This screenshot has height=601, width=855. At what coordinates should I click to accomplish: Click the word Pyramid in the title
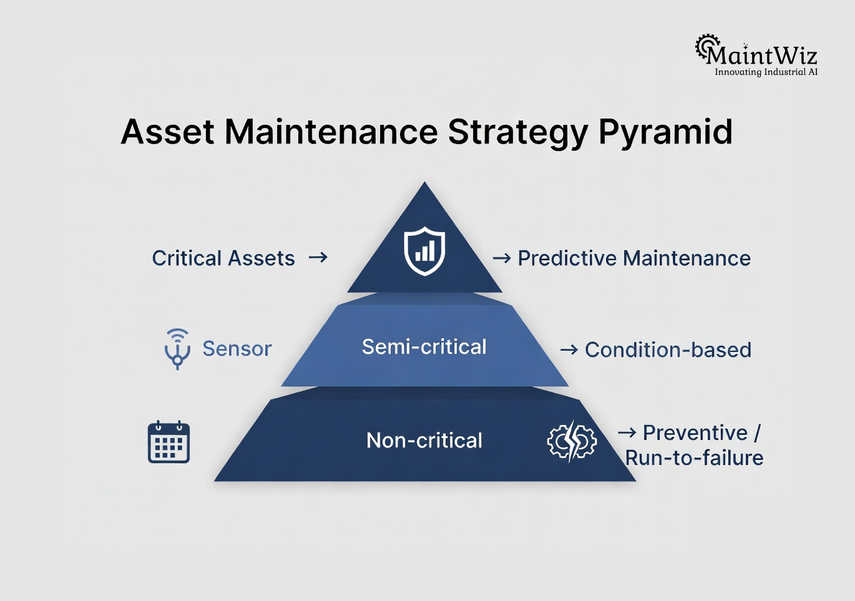[x=665, y=132]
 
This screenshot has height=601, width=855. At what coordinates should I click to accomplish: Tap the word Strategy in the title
[x=517, y=132]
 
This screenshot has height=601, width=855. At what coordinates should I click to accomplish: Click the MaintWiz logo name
[x=761, y=56]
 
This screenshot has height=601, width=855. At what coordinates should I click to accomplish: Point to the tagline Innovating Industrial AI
[x=766, y=72]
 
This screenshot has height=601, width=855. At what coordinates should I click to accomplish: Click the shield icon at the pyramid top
[x=424, y=251]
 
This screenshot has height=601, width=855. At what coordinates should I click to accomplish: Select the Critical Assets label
[x=223, y=258]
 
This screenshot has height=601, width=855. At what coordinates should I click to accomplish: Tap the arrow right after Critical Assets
[x=318, y=257]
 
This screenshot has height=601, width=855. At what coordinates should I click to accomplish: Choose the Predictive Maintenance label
[x=634, y=258]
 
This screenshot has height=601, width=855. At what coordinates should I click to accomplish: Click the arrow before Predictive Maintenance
[x=502, y=258]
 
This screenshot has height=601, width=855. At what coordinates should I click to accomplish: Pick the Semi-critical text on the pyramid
[x=424, y=347]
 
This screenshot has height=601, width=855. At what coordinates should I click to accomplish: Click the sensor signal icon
[x=177, y=348]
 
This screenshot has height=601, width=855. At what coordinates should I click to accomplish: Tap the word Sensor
[x=237, y=349]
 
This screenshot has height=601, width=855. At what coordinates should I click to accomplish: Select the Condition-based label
[x=668, y=350]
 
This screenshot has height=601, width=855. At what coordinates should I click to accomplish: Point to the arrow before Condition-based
[x=569, y=350]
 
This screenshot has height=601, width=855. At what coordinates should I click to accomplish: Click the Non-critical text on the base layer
[x=424, y=441]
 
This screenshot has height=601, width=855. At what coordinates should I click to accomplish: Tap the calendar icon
[x=169, y=442]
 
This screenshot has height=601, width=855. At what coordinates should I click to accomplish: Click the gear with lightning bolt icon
[x=572, y=441]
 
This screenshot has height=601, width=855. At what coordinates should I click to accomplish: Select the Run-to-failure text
[x=694, y=458]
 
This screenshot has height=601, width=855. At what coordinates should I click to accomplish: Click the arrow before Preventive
[x=627, y=432]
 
